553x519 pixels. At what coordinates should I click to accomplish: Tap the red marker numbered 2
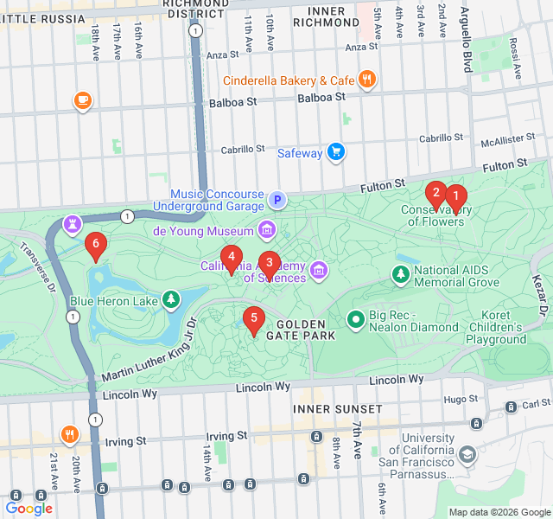pyautogui.click(x=436, y=193)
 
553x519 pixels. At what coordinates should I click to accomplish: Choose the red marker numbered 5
pyautogui.click(x=253, y=318)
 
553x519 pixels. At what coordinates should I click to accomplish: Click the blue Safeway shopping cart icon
pyautogui.click(x=336, y=153)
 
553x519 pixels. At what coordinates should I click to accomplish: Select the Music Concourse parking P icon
pyautogui.click(x=277, y=201)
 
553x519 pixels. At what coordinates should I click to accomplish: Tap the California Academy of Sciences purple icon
pyautogui.click(x=319, y=272)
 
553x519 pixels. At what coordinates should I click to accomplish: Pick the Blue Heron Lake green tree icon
pyautogui.click(x=172, y=300)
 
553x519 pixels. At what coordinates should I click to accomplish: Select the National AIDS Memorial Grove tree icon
pyautogui.click(x=400, y=275)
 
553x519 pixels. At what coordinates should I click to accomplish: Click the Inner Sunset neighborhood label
pyautogui.click(x=337, y=408)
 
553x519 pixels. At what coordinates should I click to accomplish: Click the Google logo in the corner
pyautogui.click(x=29, y=508)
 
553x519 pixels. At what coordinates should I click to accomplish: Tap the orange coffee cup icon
pyautogui.click(x=83, y=101)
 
